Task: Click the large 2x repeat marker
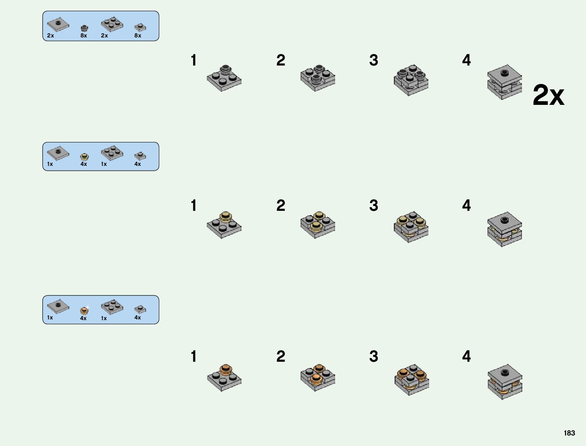(x=548, y=96)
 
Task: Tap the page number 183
(x=569, y=433)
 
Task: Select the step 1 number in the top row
(x=193, y=60)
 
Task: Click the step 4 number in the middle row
(x=466, y=205)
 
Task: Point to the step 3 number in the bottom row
(x=373, y=356)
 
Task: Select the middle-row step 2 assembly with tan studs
(x=318, y=225)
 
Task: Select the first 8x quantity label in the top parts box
(x=84, y=36)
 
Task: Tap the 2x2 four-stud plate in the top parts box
(x=112, y=24)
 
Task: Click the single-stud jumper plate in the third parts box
(x=58, y=306)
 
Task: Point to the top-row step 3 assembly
(x=411, y=79)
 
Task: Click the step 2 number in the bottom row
(x=280, y=356)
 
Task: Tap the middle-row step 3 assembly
(x=411, y=226)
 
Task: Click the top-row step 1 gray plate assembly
(x=224, y=78)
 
